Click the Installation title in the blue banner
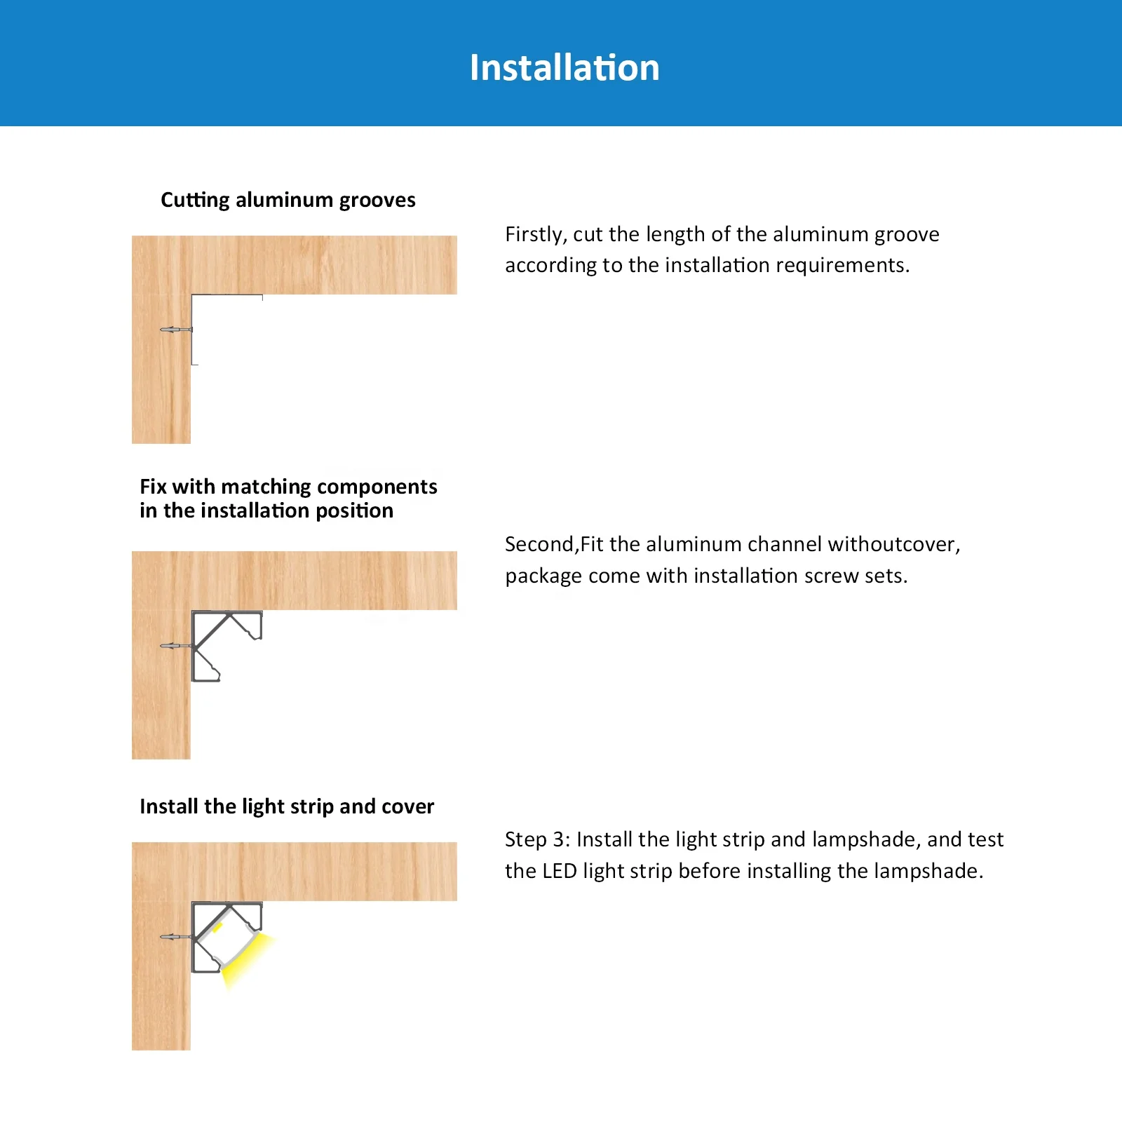(x=565, y=68)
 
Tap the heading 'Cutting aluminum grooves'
(x=288, y=200)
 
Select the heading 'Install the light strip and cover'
(x=286, y=806)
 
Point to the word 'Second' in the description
(x=539, y=544)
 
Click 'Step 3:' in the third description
(x=537, y=839)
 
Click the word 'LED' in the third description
(x=560, y=871)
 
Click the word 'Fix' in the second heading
(x=153, y=487)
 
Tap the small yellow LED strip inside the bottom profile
(x=217, y=928)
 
